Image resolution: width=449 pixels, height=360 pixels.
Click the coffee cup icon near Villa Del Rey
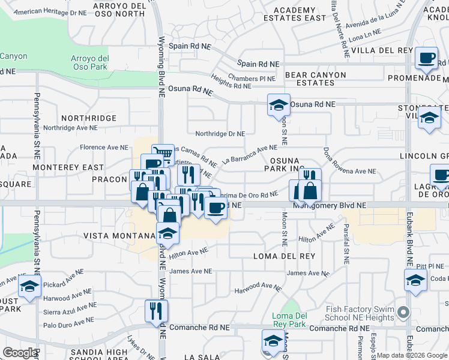427,58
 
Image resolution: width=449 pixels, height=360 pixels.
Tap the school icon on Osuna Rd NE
279,105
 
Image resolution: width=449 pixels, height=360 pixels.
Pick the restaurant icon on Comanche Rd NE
157,310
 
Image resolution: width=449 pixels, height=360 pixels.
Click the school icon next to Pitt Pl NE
415,280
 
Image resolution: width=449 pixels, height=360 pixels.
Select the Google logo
20,353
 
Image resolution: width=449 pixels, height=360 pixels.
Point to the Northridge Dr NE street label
220,134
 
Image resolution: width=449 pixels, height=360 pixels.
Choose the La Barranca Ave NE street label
249,155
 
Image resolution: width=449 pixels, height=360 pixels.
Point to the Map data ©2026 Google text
412,355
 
